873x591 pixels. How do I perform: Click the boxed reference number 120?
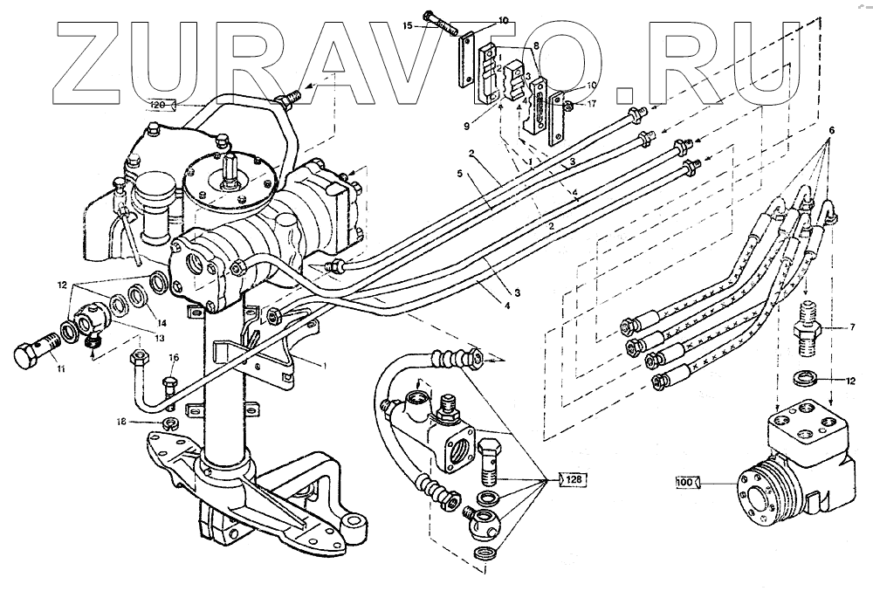click(158, 105)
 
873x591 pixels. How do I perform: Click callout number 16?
click(174, 356)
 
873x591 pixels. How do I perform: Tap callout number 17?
click(591, 102)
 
